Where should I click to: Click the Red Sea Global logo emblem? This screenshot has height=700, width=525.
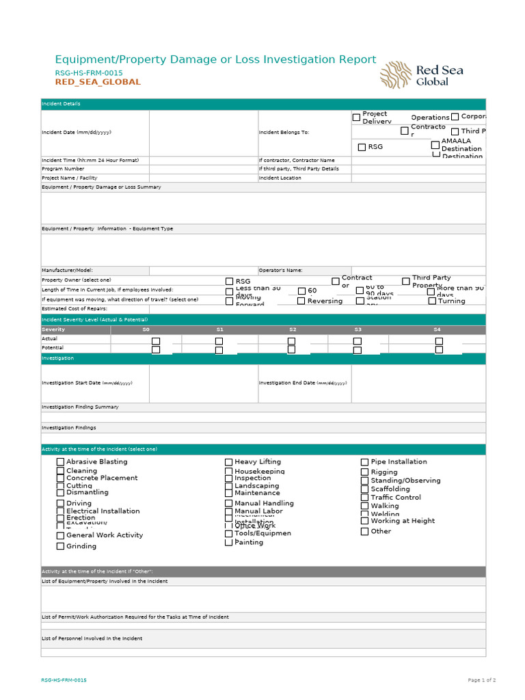click(396, 75)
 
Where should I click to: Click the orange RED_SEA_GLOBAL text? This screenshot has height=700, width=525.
click(98, 82)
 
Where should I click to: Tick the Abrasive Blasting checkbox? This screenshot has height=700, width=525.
click(60, 462)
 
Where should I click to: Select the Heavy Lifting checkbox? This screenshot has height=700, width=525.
click(229, 462)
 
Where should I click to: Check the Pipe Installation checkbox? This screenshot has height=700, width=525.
click(364, 462)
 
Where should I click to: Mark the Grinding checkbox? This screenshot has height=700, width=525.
click(60, 546)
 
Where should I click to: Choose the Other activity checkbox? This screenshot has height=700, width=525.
click(364, 531)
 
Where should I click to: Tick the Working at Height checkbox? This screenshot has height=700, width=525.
click(364, 521)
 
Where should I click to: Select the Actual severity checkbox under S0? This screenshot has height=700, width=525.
click(156, 340)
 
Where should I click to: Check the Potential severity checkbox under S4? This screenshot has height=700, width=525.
click(439, 349)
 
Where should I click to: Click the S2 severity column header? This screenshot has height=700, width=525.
click(292, 329)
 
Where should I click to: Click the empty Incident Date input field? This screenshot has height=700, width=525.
click(203, 133)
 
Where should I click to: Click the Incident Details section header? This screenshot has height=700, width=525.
click(61, 104)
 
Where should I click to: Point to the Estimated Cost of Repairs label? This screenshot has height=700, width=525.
click(75, 309)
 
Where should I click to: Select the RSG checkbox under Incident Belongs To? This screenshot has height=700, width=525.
click(362, 147)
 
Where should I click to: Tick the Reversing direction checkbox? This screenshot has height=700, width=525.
click(301, 301)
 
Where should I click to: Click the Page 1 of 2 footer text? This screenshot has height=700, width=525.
click(481, 680)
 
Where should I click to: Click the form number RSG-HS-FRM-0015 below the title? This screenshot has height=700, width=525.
click(89, 72)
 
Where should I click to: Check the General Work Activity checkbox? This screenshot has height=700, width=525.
click(60, 536)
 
